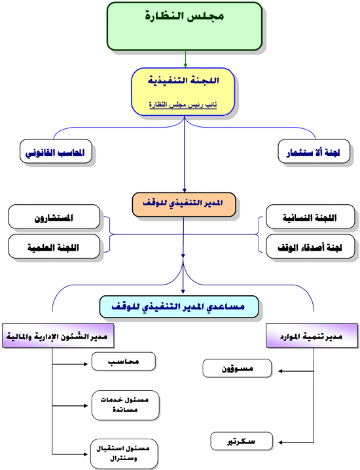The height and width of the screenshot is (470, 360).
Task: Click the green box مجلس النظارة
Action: [x=185, y=26]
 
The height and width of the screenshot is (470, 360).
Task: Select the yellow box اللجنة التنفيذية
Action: [x=183, y=92]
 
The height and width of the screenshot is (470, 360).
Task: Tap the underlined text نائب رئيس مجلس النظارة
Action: [x=183, y=105]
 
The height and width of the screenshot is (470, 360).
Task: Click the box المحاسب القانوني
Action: [x=56, y=151]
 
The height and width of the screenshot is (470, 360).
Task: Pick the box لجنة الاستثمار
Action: [x=314, y=151]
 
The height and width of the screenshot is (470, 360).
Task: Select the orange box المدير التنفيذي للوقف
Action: [x=184, y=205]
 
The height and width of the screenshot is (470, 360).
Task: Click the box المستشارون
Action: [x=54, y=217]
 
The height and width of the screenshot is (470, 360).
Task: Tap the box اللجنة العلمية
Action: [x=54, y=246]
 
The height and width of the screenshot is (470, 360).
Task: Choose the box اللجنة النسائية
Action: [x=310, y=217]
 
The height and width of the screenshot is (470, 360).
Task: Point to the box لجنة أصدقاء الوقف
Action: [x=310, y=246]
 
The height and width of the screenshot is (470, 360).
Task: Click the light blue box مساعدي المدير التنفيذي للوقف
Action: [x=179, y=306]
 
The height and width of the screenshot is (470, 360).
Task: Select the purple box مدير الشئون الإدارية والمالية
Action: [x=58, y=336]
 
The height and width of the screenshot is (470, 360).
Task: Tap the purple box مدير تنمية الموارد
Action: [x=312, y=336]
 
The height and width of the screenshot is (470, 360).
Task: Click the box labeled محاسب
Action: [x=124, y=361]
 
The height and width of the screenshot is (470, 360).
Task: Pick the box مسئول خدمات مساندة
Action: [x=125, y=405]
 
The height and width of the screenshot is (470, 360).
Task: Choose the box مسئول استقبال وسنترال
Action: [x=124, y=454]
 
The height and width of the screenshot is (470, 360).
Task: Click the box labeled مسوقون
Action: [x=237, y=369]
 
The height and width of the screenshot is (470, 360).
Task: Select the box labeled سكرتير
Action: [x=242, y=441]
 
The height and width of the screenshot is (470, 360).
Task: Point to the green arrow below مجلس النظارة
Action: [x=185, y=59]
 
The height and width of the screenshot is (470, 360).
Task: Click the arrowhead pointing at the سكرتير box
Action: [x=280, y=443]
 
